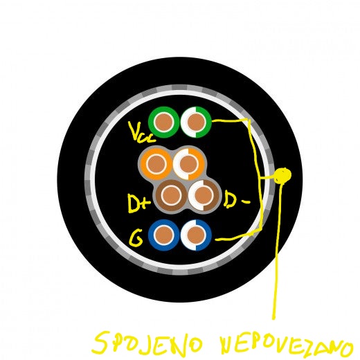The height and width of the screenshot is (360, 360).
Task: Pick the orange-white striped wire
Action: pyautogui.click(x=201, y=164)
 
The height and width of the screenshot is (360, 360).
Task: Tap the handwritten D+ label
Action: pyautogui.click(x=139, y=204)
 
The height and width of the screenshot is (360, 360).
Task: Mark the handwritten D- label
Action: pyautogui.click(x=237, y=199)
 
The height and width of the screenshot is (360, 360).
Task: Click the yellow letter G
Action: pyautogui.click(x=136, y=238)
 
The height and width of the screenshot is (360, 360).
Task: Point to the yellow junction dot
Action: pyautogui.click(x=282, y=176)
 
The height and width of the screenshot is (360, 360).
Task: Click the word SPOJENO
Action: pyautogui.click(x=147, y=343)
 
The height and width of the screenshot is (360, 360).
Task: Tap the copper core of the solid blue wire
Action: pyautogui.click(x=164, y=235)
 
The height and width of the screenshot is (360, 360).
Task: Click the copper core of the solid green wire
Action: pyautogui.click(x=164, y=123)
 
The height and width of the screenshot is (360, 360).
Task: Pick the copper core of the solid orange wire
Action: pyautogui.click(x=156, y=163)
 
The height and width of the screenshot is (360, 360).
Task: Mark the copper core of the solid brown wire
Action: pyautogui.click(x=171, y=195)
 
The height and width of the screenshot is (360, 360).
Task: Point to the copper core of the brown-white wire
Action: pyautogui.click(x=204, y=195)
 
